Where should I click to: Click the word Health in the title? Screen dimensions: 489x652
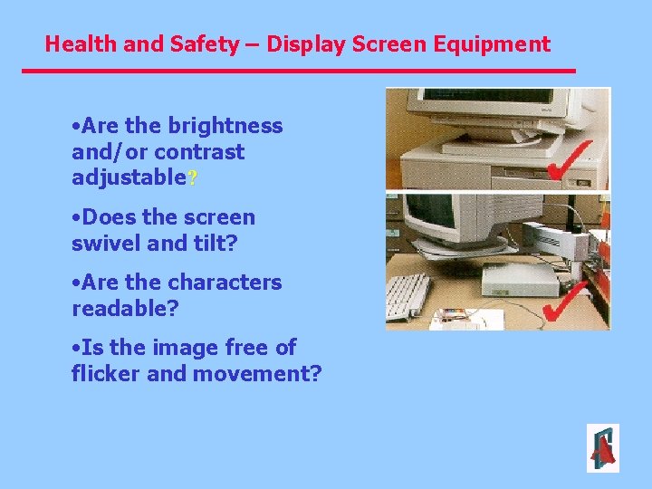click(77, 43)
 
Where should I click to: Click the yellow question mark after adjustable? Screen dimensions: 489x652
click(191, 177)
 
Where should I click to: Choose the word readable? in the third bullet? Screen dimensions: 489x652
click(125, 308)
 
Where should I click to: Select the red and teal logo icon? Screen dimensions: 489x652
click(602, 448)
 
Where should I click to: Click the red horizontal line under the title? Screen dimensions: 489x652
click(299, 71)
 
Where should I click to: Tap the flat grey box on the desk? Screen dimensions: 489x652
click(520, 282)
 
